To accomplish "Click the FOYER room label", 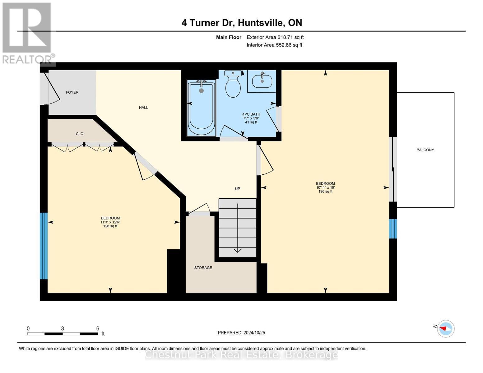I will (x=72, y=92).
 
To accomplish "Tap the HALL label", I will (x=143, y=108).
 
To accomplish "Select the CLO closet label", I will (x=80, y=134).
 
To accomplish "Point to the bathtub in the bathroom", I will (x=201, y=107).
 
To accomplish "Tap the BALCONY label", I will (x=425, y=150).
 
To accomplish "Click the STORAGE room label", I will (x=203, y=268).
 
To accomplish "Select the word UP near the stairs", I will (x=237, y=189).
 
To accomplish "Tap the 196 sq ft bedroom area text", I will (x=325, y=191).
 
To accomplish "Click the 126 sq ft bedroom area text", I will (x=110, y=226).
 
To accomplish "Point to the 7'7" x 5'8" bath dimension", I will (x=251, y=118).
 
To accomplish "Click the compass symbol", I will (x=446, y=329).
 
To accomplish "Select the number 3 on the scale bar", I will (x=63, y=329).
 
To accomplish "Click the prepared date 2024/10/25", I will (x=254, y=333).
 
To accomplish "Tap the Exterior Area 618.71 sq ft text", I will (x=275, y=37).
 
